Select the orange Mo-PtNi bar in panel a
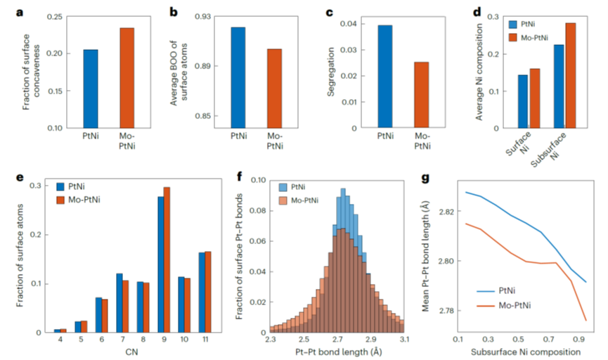point(126,78)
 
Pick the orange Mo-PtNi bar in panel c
point(421,95)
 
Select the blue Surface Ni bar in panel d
point(522,101)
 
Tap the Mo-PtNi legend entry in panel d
point(541,37)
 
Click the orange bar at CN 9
point(167,259)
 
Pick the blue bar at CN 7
point(100,302)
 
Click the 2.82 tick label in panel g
point(439,212)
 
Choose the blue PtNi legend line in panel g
point(484,288)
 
